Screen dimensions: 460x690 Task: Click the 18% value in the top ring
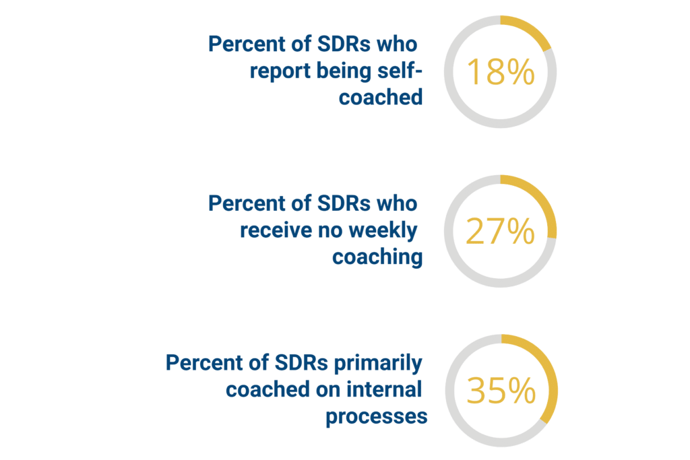click(x=501, y=71)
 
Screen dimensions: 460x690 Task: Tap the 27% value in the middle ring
click(x=501, y=232)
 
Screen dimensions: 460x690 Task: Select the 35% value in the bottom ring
click(x=501, y=391)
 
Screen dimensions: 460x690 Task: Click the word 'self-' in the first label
click(x=402, y=71)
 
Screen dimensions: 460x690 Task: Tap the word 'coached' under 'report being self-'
click(x=381, y=97)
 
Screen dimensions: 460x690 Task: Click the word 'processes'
click(x=377, y=416)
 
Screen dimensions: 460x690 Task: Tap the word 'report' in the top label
click(x=276, y=71)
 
